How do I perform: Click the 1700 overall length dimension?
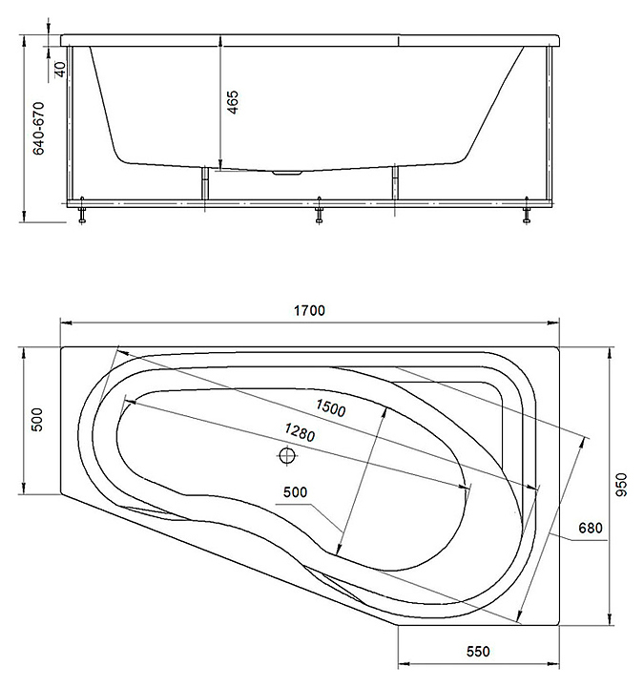coord(309,311)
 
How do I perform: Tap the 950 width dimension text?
coord(621,485)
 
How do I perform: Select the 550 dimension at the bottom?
coord(478,652)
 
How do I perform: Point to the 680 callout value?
coord(591,528)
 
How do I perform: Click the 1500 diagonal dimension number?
coord(331,408)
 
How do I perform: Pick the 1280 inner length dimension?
coord(300,432)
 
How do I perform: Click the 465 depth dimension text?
coord(233,102)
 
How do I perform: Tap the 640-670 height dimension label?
coord(38,129)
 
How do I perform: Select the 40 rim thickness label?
coord(60,69)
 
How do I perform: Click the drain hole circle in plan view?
coord(287,456)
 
